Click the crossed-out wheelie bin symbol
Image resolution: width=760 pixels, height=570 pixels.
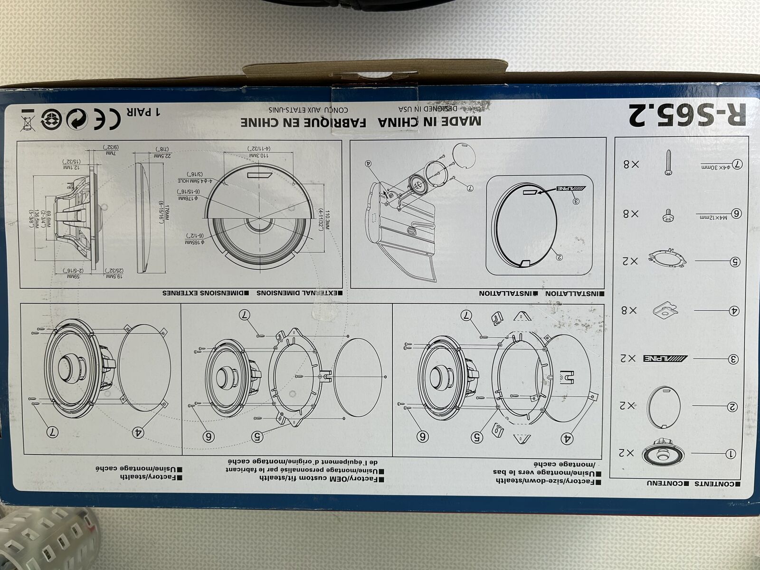[x=27, y=119]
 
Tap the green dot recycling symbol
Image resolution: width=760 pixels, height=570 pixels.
[x=75, y=119]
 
